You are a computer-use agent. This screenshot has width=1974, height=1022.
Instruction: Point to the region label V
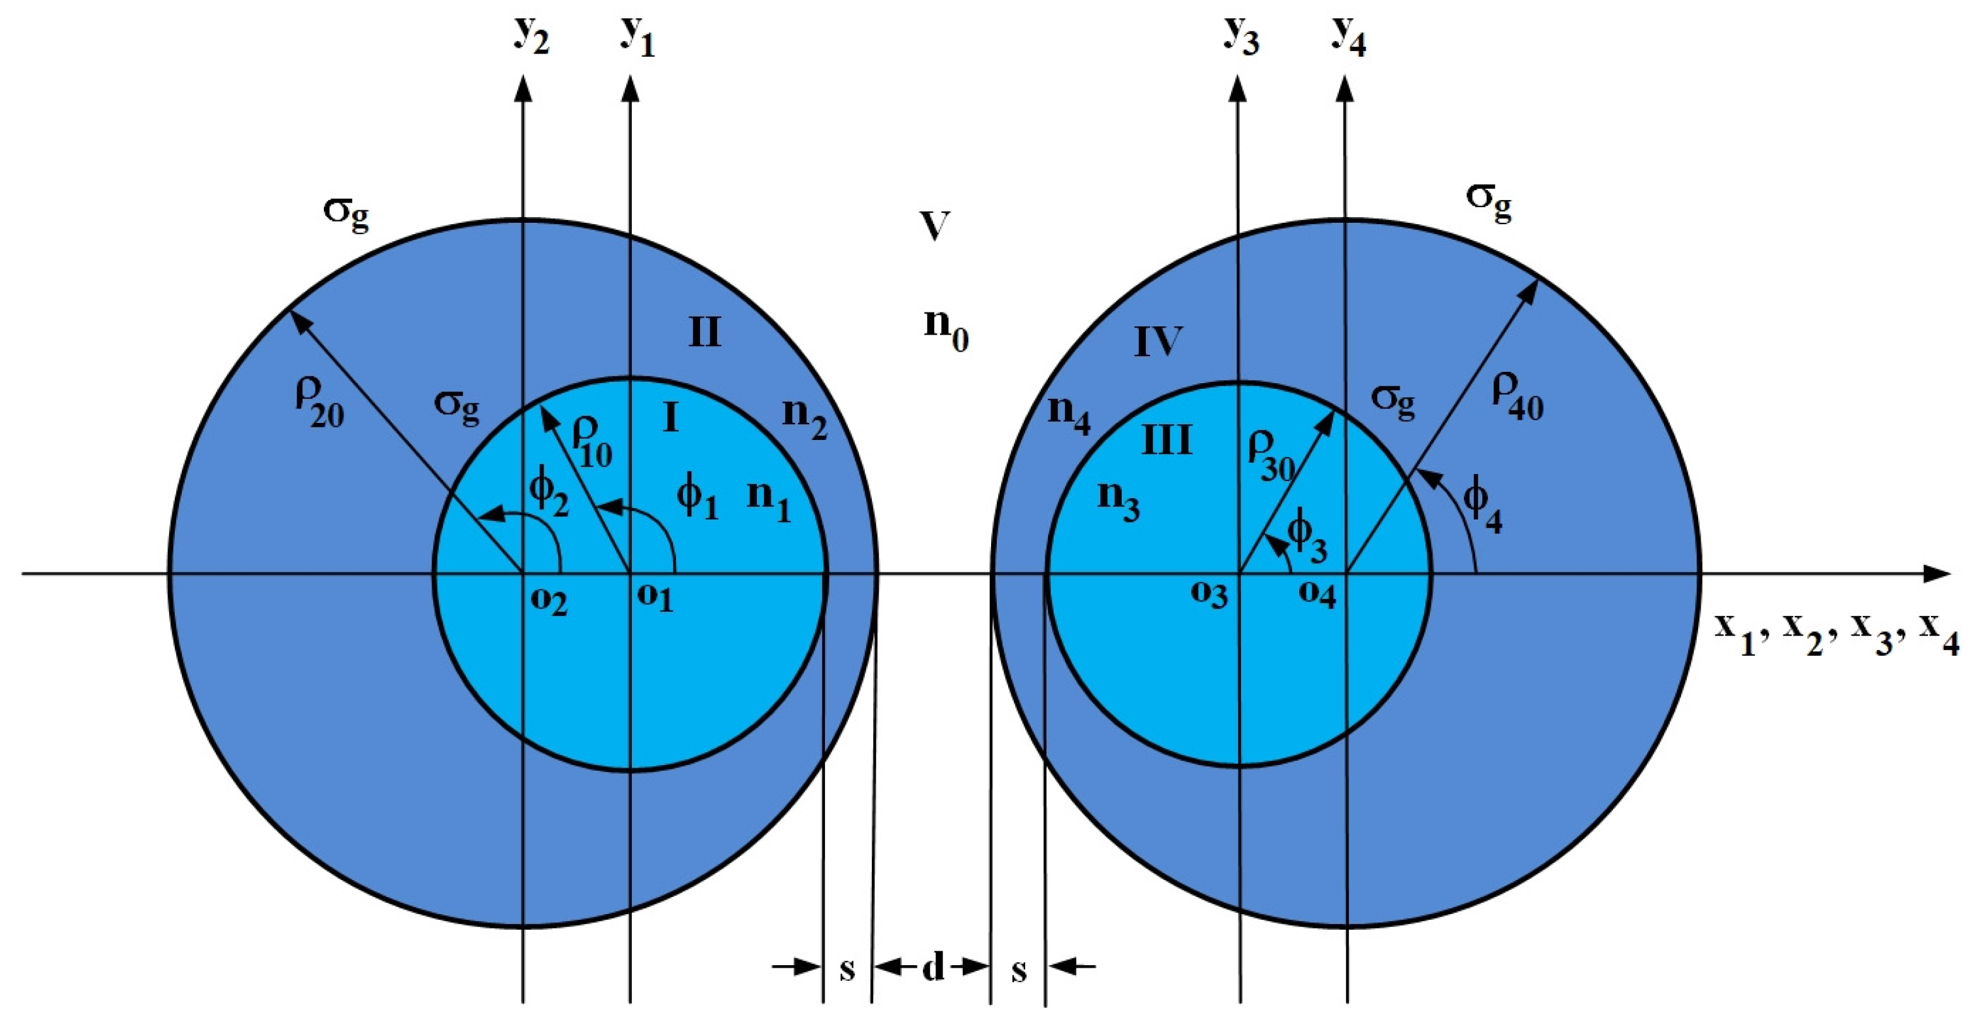point(934,227)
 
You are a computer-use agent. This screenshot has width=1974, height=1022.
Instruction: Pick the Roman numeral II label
point(705,333)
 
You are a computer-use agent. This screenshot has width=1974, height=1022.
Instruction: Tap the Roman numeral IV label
point(1158,341)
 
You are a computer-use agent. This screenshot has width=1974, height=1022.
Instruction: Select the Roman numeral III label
point(1167,441)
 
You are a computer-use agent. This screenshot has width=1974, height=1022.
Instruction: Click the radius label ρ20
point(319,402)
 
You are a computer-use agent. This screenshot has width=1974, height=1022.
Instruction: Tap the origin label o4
point(1316,595)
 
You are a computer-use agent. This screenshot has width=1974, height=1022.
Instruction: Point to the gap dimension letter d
point(932,968)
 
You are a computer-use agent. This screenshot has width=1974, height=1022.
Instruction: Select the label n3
point(1119,502)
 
